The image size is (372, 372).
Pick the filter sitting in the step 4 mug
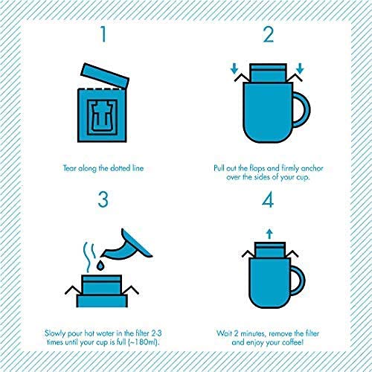tap(268, 248)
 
